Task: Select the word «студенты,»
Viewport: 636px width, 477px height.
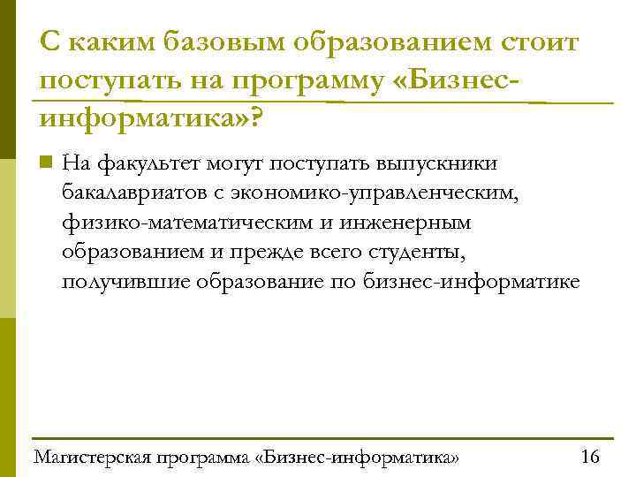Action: tap(418, 253)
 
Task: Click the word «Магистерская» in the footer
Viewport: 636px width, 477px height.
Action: tap(90, 458)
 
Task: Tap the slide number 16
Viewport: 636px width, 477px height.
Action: tap(589, 457)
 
